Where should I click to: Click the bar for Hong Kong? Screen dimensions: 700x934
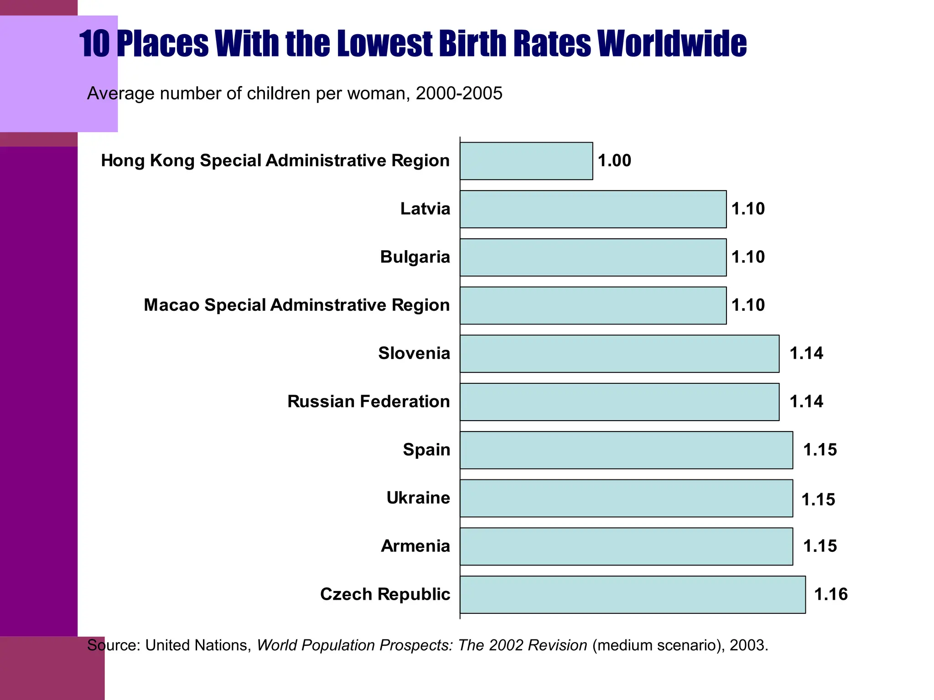[x=526, y=161]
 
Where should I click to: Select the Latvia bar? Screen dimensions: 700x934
[x=593, y=209]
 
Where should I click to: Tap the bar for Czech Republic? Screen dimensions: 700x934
[x=632, y=594]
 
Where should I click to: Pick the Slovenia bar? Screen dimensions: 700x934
[x=619, y=354]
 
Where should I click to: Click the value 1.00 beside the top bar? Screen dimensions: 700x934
[x=614, y=161]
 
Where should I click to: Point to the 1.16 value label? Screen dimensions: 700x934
[x=830, y=594]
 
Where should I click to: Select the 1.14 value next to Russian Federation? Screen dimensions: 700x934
[x=806, y=401]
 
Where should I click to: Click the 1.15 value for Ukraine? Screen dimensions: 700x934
[x=818, y=499]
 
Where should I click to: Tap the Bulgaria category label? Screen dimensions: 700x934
[x=415, y=257]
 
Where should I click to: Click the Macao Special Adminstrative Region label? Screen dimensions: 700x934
[x=296, y=305]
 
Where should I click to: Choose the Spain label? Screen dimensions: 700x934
[x=426, y=450]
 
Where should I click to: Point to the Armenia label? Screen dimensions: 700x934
[x=415, y=546]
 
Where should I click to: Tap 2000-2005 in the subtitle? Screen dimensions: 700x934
[x=459, y=93]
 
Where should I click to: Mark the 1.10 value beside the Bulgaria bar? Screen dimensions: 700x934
[x=748, y=257]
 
